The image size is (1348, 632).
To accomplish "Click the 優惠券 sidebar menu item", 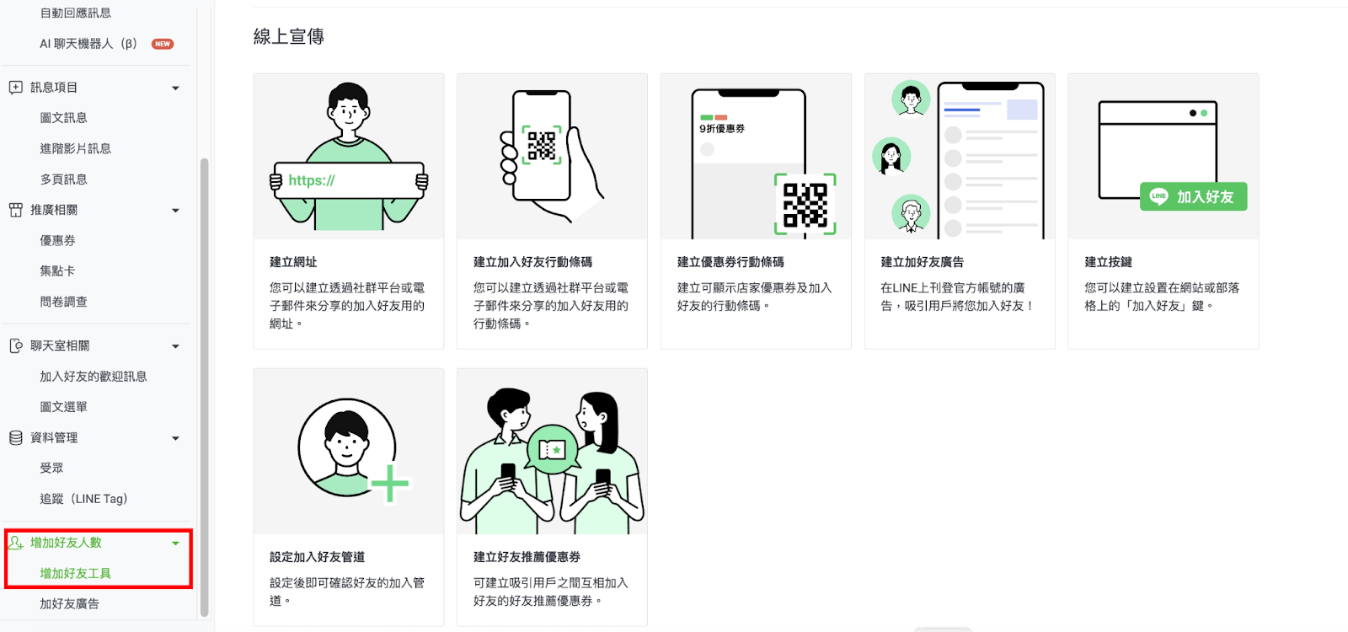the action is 58,241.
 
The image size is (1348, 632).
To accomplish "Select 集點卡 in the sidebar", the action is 58,271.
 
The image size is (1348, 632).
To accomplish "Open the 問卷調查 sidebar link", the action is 64,303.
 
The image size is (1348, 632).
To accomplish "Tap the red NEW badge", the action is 163,44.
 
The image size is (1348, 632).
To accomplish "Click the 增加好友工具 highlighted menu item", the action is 76,574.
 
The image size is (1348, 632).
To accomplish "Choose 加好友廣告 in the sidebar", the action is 70,604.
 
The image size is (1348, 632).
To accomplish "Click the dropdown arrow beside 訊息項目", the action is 176,88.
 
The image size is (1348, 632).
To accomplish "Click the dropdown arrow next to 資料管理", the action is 176,439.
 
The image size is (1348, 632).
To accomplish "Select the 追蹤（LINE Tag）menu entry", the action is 83,499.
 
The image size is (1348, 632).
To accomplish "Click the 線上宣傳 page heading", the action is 289,37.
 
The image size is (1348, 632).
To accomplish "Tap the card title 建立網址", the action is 293,262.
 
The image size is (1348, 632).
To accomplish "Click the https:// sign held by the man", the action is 349,180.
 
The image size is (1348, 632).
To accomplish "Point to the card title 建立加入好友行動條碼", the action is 532,262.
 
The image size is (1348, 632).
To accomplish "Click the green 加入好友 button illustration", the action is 1193,197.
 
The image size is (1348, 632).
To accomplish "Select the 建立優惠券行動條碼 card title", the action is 730,262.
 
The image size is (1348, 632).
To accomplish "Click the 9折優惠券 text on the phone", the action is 722,129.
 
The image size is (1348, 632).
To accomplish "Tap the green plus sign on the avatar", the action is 390,484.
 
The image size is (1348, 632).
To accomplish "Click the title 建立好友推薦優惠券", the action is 527,557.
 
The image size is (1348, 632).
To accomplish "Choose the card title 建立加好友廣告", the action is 923,262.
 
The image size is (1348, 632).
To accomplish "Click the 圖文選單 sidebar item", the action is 64,408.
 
